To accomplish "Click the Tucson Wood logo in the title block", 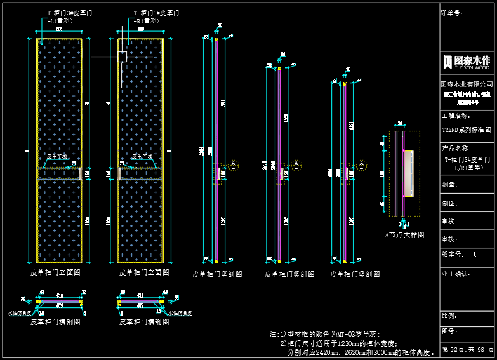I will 467,62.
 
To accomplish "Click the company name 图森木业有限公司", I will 467,84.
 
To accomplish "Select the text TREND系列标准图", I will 467,130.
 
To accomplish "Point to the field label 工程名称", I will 455,117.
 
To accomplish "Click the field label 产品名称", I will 455,148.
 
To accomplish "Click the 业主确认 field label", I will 455,274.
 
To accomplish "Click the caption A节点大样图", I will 404,235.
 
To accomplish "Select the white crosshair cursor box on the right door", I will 123,57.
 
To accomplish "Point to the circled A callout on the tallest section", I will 234,164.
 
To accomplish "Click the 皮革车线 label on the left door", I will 56,156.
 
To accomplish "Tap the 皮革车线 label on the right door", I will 142,156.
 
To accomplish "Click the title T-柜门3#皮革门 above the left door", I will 70,13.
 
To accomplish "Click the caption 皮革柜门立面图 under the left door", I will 55,272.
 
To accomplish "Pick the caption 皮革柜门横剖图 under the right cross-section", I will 144,322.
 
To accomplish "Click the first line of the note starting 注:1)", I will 324,334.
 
